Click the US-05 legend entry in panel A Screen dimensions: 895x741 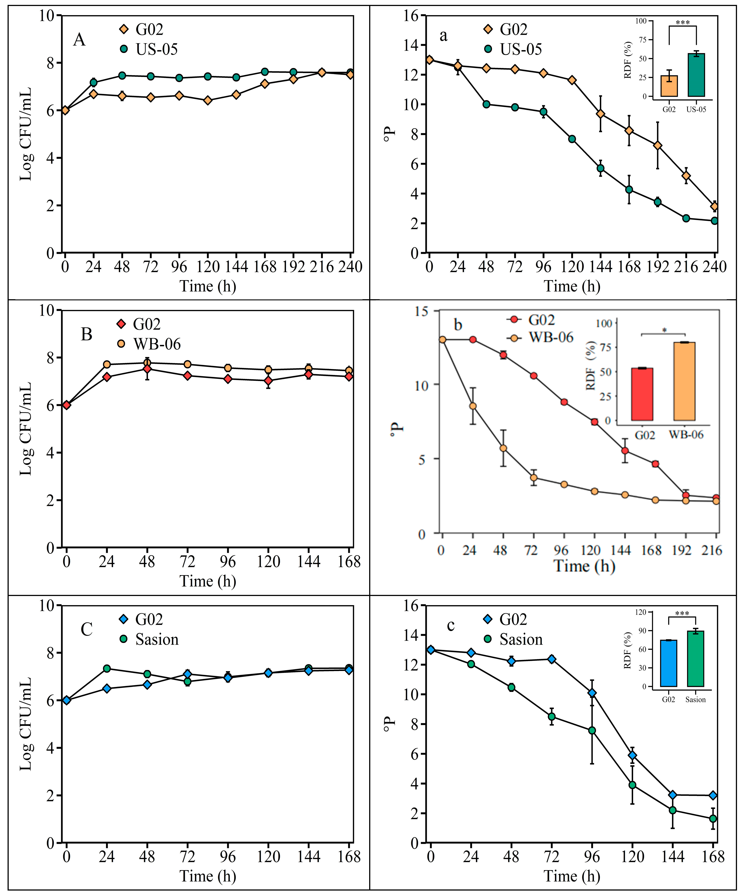click(156, 49)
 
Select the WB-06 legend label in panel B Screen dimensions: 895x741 click(157, 344)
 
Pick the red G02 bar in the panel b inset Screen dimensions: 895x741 click(642, 394)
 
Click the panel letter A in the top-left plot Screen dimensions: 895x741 click(79, 40)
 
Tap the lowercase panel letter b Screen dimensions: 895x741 click(458, 325)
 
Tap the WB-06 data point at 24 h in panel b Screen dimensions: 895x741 click(473, 406)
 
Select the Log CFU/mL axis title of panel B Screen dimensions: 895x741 click(26, 429)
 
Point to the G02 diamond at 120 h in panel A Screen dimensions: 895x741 click(208, 100)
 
